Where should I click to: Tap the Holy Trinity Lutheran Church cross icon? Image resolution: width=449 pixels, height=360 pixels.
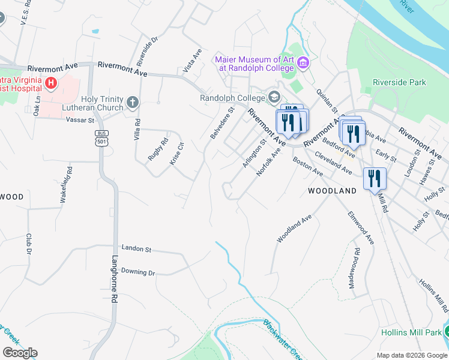133,103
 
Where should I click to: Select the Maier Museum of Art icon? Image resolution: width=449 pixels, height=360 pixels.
303,63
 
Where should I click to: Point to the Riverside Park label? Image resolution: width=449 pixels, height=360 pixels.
399,82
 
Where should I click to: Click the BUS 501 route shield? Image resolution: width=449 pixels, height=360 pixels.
101,137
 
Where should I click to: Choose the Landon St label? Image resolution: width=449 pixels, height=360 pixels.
137,248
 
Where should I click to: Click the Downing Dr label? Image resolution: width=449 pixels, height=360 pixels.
138,272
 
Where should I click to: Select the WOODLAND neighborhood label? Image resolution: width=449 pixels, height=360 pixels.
332,191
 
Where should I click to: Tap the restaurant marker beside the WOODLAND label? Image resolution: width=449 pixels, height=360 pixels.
374,179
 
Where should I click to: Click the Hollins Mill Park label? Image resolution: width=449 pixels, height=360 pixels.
411,332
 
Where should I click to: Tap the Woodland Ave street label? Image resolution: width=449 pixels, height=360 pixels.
294,229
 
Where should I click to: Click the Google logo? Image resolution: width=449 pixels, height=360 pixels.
20,353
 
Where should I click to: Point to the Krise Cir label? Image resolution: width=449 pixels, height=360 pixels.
178,155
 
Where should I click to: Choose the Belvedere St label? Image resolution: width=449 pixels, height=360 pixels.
221,123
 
